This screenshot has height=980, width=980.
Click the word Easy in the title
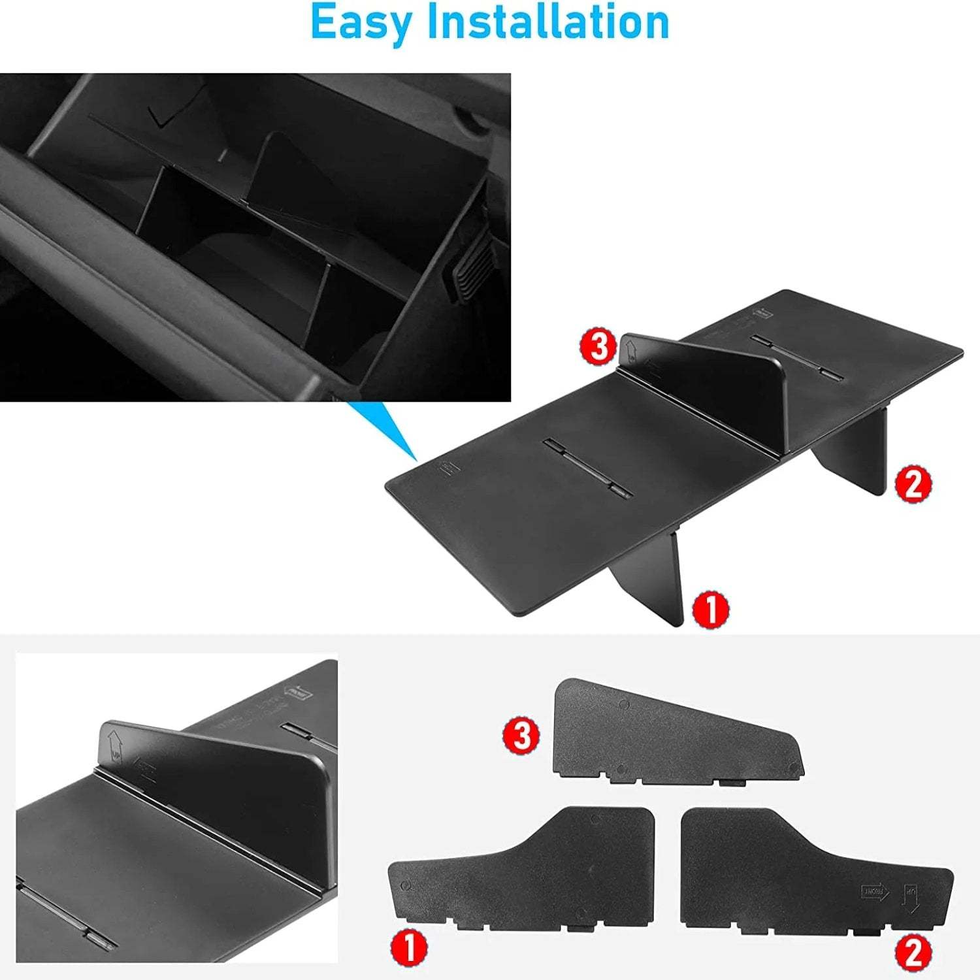pyautogui.click(x=363, y=23)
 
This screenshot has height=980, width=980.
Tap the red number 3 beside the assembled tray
pyautogui.click(x=598, y=347)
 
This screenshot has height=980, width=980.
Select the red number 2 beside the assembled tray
pyautogui.click(x=913, y=484)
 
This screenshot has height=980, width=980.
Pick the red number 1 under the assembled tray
pyautogui.click(x=710, y=610)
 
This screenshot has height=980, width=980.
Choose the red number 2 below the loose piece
pyautogui.click(x=913, y=952)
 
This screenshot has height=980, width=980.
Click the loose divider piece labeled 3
pyautogui.click(x=673, y=732)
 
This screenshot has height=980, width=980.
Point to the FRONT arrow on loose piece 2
pyautogui.click(x=875, y=891)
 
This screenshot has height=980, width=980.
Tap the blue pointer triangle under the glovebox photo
pyautogui.click(x=385, y=431)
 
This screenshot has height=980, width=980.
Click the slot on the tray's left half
pyautogui.click(x=588, y=467)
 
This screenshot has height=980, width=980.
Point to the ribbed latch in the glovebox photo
pyautogui.click(x=467, y=268)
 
